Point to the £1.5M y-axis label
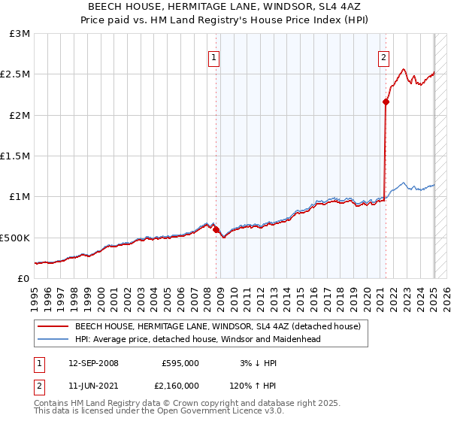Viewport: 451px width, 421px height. [x=15, y=156]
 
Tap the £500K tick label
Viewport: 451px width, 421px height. [x=14, y=238]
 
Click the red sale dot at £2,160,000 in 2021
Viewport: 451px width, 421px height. [x=386, y=101]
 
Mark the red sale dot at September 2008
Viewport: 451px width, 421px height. [x=216, y=230]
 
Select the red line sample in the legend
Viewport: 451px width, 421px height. [x=53, y=326]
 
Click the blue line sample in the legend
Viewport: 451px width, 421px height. [x=53, y=339]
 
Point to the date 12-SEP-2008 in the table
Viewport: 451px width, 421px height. [x=93, y=363]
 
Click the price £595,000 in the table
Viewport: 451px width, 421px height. [x=180, y=363]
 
